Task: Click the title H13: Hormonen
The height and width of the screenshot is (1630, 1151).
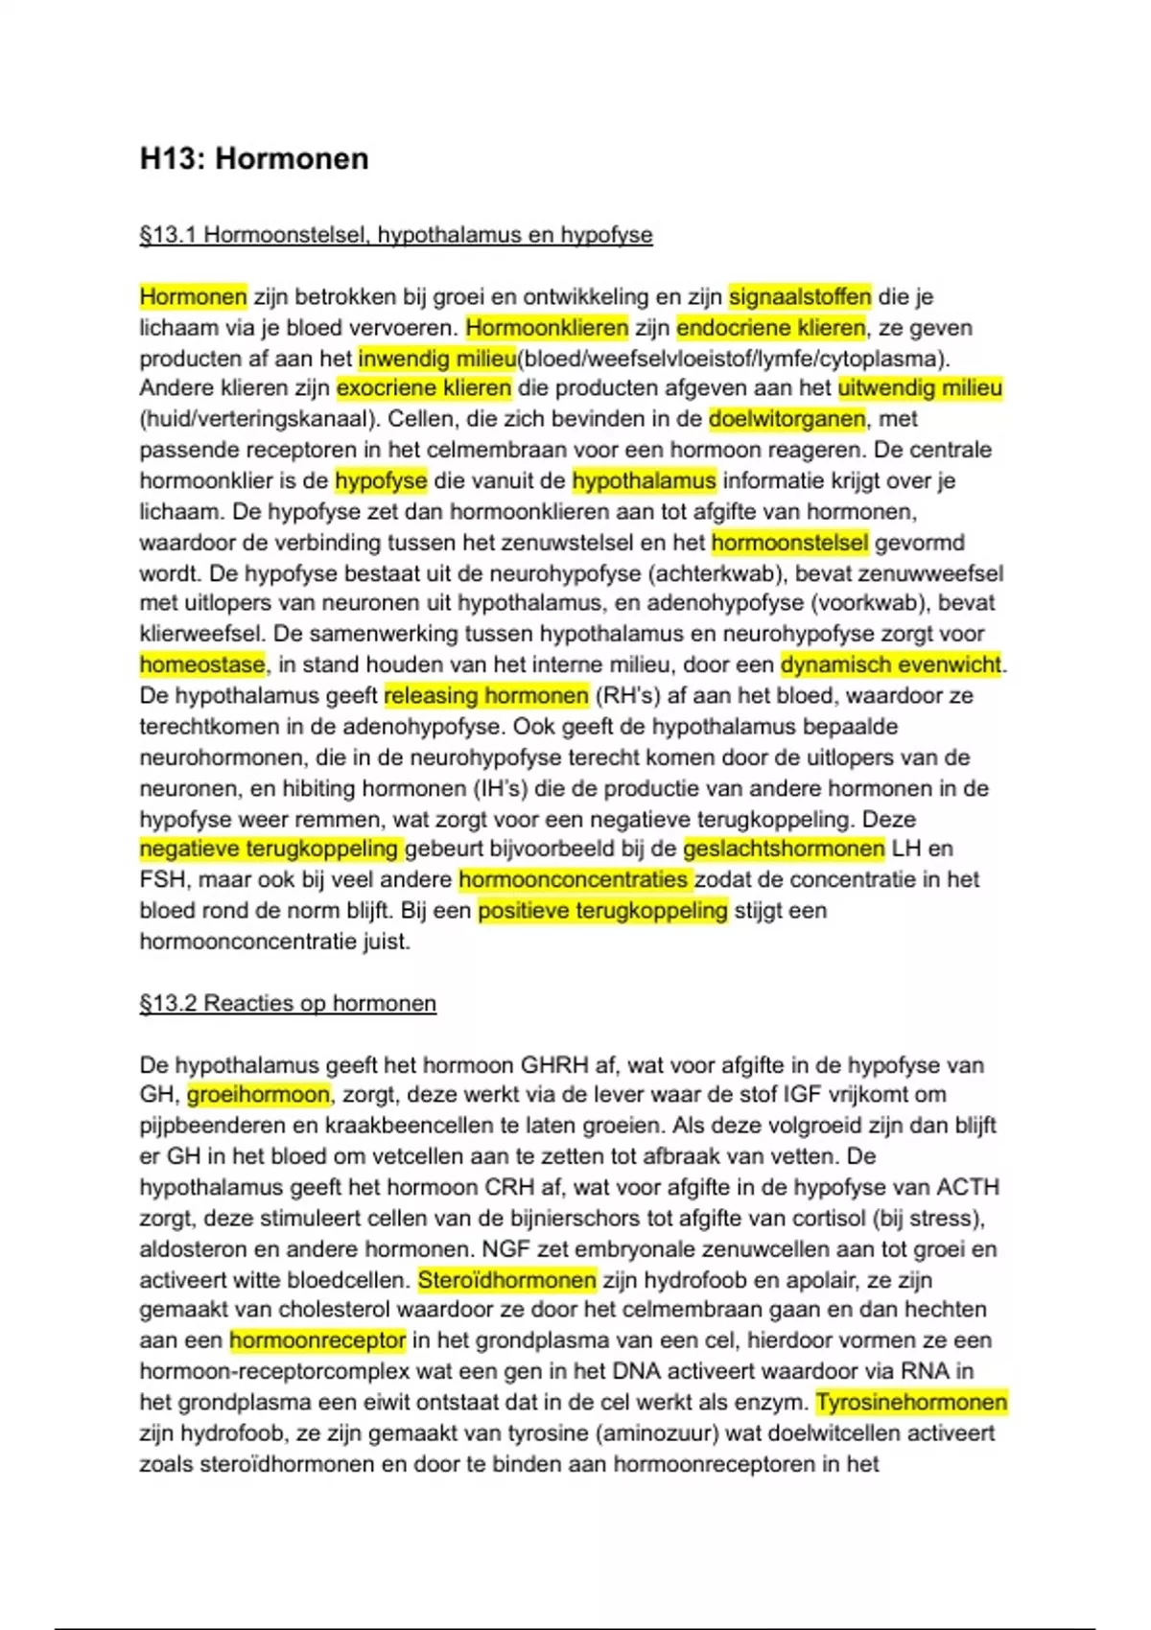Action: click(254, 158)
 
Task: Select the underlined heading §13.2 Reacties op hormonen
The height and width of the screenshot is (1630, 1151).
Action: click(288, 1003)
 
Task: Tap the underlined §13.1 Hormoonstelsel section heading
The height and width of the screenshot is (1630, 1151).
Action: click(396, 235)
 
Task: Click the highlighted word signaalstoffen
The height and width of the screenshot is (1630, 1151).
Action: click(800, 297)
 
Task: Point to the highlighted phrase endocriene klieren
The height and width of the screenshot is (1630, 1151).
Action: click(771, 328)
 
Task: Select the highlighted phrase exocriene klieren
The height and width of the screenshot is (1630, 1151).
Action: click(424, 388)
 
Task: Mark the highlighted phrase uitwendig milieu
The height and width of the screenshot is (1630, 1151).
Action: click(920, 388)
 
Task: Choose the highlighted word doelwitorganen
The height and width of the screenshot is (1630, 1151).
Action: click(787, 419)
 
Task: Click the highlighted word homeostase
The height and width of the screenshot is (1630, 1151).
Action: click(202, 664)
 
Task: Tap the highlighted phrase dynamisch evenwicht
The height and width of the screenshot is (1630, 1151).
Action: click(891, 664)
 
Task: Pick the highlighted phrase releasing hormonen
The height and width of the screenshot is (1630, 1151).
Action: click(486, 695)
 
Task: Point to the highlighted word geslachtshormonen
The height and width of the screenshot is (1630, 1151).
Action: click(784, 849)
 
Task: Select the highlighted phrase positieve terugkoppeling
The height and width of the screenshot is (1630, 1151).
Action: click(603, 910)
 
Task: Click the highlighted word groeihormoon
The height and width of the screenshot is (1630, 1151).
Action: click(258, 1094)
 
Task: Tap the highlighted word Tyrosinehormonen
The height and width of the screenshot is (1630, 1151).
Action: click(911, 1402)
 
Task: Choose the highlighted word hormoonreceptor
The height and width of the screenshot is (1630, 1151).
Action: click(317, 1340)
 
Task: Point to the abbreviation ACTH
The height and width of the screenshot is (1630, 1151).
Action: click(967, 1187)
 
